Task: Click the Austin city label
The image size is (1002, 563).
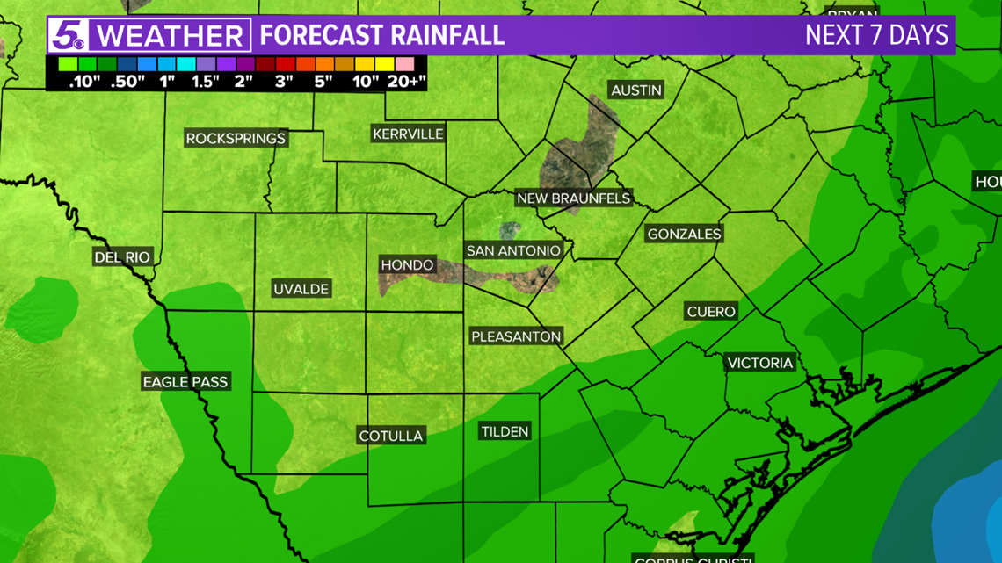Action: click(636, 90)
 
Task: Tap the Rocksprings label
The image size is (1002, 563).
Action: click(236, 139)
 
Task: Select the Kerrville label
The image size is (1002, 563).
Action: click(408, 134)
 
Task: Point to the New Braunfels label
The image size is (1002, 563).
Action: click(573, 198)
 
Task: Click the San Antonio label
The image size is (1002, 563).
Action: click(513, 251)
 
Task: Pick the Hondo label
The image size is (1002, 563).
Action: click(407, 265)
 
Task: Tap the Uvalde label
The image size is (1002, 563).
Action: click(301, 289)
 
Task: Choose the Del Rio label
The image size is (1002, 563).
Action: click(122, 257)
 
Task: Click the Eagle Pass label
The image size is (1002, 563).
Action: click(185, 382)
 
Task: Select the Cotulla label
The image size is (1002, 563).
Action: click(391, 436)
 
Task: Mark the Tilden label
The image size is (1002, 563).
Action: click(505, 431)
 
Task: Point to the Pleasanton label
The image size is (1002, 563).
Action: click(516, 336)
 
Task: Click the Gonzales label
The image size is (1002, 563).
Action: click(684, 235)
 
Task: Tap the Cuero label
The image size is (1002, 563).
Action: click(710, 312)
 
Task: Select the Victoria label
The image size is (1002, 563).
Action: click(759, 363)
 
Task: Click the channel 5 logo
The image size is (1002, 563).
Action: click(68, 36)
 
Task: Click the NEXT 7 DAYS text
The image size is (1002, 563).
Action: click(876, 36)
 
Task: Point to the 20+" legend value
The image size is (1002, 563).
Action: click(406, 81)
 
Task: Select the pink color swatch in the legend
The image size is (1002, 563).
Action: click(405, 64)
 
